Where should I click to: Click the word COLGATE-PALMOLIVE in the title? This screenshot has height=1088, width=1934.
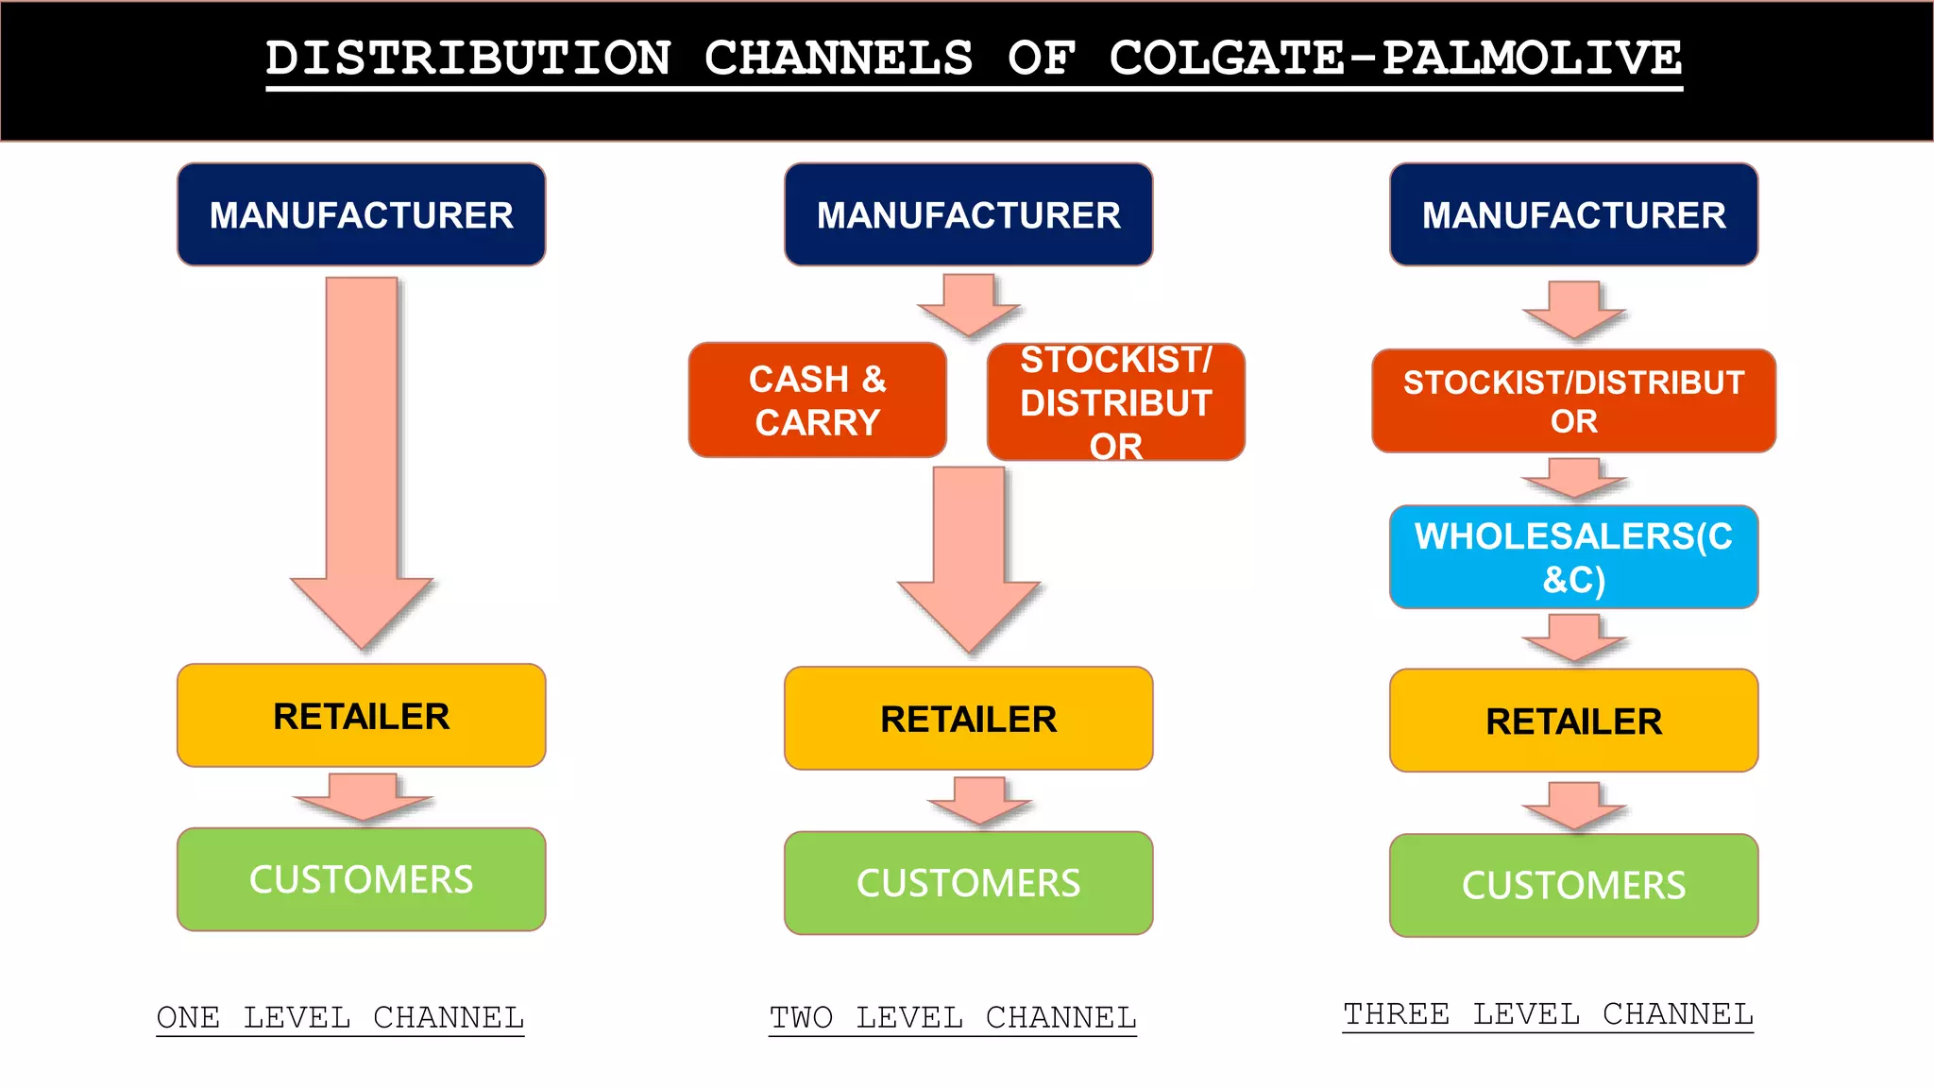pos(1395,59)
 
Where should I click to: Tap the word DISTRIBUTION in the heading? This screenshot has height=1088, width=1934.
pos(468,59)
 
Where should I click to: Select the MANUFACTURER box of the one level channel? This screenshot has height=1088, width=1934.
pos(362,215)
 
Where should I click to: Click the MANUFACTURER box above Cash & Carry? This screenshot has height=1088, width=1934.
pos(968,215)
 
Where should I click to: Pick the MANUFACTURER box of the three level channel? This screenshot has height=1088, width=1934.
pos(1573,215)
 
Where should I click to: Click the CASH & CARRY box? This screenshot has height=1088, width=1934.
pos(818,400)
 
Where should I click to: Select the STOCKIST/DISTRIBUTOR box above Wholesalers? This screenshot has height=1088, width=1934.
pos(1573,401)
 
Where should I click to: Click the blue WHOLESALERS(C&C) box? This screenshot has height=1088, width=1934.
pos(1573,557)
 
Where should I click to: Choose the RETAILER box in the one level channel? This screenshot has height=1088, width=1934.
pos(362,716)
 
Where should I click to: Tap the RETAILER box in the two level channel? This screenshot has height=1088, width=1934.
pos(968,719)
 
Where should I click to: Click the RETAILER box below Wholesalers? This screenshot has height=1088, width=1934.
pos(1573,721)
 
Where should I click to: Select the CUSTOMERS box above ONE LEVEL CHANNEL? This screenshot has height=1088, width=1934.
pos(362,879)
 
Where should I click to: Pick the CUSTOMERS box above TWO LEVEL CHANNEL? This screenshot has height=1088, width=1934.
pos(968,883)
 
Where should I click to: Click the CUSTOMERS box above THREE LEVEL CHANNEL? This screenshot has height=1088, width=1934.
pos(1573,885)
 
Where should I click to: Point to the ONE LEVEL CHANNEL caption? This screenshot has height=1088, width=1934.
pos(340,1017)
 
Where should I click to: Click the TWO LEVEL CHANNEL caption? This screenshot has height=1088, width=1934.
pos(952,1017)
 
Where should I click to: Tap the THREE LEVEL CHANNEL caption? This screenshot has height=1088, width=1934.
pos(1548,1013)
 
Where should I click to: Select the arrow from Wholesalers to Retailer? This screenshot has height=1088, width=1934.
pos(1573,638)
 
